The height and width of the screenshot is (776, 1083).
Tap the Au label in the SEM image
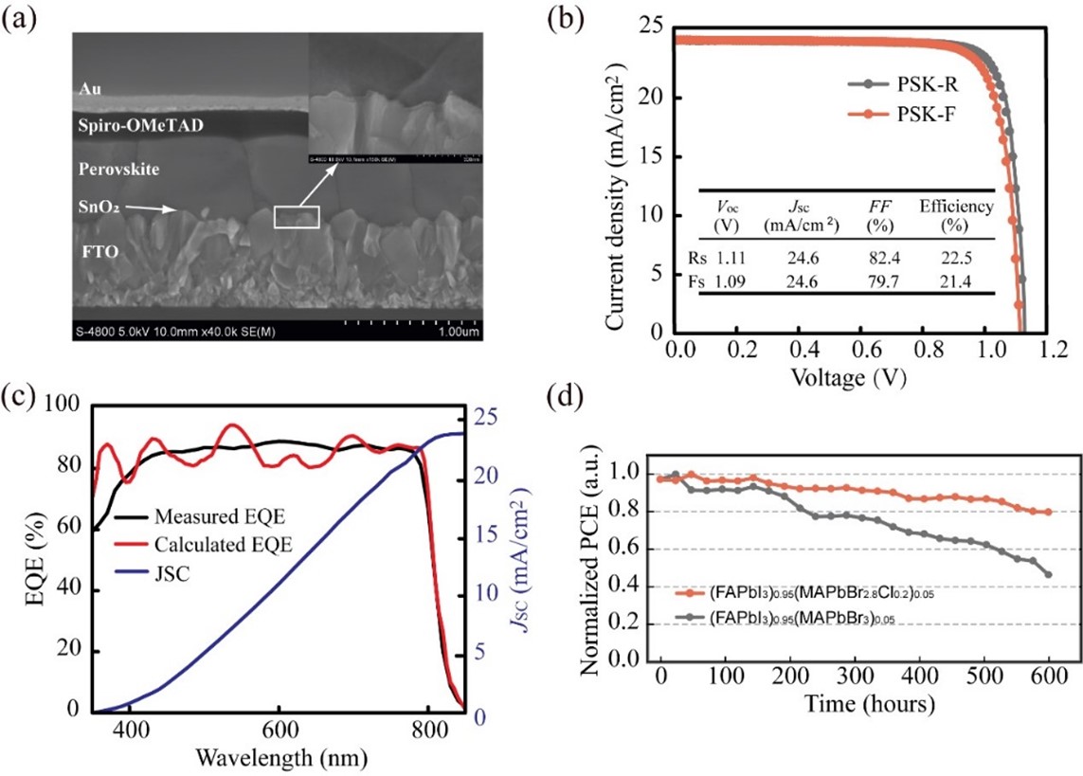[x=89, y=90]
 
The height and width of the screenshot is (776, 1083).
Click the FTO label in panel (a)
[x=99, y=253]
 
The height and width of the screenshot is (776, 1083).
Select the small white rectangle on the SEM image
[x=297, y=217]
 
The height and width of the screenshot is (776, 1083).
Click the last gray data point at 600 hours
[x=1049, y=574]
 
